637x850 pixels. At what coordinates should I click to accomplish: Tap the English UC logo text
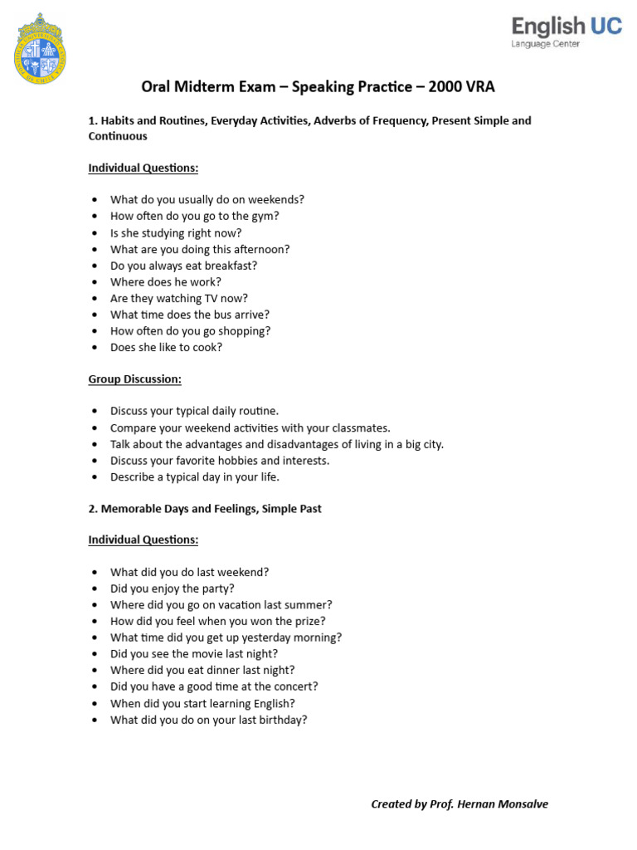point(566,27)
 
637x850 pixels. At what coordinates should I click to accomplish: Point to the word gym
point(266,216)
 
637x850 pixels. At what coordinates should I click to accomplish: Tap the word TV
point(216,298)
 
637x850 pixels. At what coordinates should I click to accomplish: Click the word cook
point(206,348)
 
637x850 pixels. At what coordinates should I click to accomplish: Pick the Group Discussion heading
point(134,379)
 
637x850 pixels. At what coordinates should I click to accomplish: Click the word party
point(216,589)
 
